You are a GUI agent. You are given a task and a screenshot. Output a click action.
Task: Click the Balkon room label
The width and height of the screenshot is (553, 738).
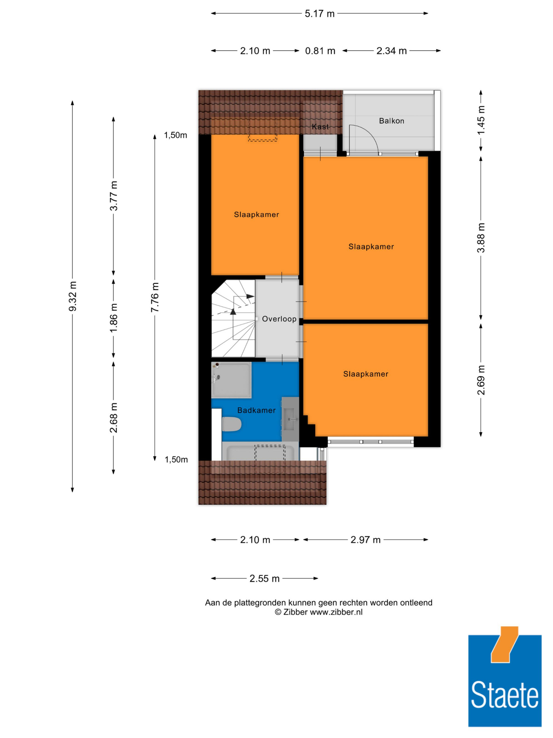tap(391, 121)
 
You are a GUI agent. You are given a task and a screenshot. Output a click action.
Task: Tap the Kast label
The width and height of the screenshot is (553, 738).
tap(320, 127)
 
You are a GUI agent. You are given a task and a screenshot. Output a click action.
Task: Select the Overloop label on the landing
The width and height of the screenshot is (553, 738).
tap(279, 319)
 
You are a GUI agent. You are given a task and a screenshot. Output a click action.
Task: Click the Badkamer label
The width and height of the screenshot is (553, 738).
tap(256, 410)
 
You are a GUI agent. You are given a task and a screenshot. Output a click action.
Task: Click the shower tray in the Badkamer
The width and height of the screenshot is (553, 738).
tap(231, 380)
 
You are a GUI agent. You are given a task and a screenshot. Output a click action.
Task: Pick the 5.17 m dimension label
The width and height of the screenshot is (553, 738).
tap(319, 14)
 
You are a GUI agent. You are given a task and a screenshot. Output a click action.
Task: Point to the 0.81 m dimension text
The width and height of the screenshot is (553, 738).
tap(320, 51)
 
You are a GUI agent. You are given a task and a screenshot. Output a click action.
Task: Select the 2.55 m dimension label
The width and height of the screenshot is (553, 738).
tap(264, 578)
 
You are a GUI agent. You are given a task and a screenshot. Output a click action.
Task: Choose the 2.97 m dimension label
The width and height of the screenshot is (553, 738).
tap(365, 540)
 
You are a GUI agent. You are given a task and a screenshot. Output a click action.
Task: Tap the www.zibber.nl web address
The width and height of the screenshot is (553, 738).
tap(336, 612)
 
